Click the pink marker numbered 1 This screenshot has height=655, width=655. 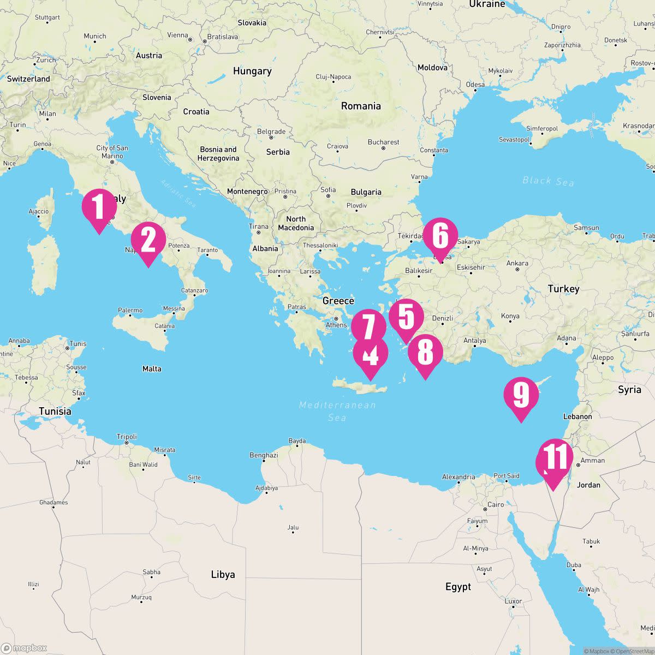click(x=99, y=207)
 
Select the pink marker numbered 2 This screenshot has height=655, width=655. click(x=148, y=241)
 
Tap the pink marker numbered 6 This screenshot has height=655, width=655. click(x=440, y=236)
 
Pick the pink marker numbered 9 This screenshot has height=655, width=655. click(x=521, y=395)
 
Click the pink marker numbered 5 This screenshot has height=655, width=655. click(x=406, y=317)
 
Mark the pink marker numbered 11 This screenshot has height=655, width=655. click(x=555, y=457)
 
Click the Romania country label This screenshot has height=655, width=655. click(x=361, y=106)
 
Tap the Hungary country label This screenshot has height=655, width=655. click(x=252, y=71)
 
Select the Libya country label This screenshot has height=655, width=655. click(x=223, y=574)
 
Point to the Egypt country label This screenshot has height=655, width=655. click(x=458, y=587)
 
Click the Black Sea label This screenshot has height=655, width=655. click(x=548, y=181)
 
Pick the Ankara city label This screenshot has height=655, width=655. click(x=517, y=263)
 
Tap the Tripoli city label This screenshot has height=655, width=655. click(x=127, y=437)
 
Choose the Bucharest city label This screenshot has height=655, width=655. click(x=383, y=142)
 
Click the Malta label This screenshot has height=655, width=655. click(x=152, y=369)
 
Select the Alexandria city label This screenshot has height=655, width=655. click(x=458, y=477)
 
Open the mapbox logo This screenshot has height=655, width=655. click(x=25, y=648)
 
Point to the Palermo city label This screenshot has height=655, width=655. click(x=130, y=310)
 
